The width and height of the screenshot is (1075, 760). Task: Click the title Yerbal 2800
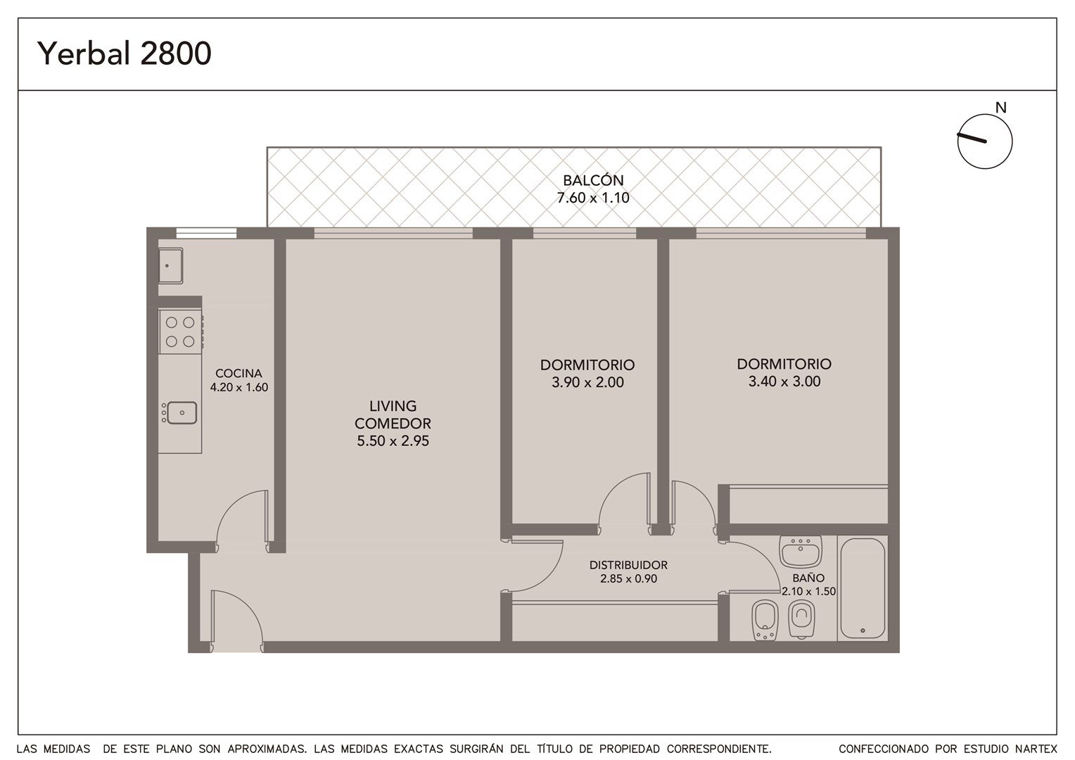pos(125,53)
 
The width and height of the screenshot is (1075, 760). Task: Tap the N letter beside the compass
pos(1000,108)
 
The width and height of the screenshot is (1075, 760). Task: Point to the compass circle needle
pos(972,138)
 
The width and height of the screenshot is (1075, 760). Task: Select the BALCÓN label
pos(593,181)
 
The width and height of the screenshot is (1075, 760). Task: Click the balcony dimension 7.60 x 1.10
pos(593,198)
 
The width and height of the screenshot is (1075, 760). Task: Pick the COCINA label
pos(238,373)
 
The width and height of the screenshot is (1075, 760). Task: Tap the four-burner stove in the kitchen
pos(180,331)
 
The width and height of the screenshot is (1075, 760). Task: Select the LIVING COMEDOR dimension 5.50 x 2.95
pos(393,441)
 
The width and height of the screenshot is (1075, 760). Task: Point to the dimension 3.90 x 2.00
pos(587,382)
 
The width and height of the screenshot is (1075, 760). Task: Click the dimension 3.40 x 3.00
pos(784,381)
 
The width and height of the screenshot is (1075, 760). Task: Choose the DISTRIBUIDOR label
pos(628,565)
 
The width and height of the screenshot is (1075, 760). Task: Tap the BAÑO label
pos(808,578)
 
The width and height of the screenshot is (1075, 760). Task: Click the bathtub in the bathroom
pos(863,588)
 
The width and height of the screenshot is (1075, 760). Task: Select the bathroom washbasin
pos(801,552)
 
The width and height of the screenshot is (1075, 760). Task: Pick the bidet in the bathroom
pos(765,620)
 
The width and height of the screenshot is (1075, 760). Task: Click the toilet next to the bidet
pos(801,619)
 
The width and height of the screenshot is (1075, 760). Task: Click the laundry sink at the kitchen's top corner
pos(170,265)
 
